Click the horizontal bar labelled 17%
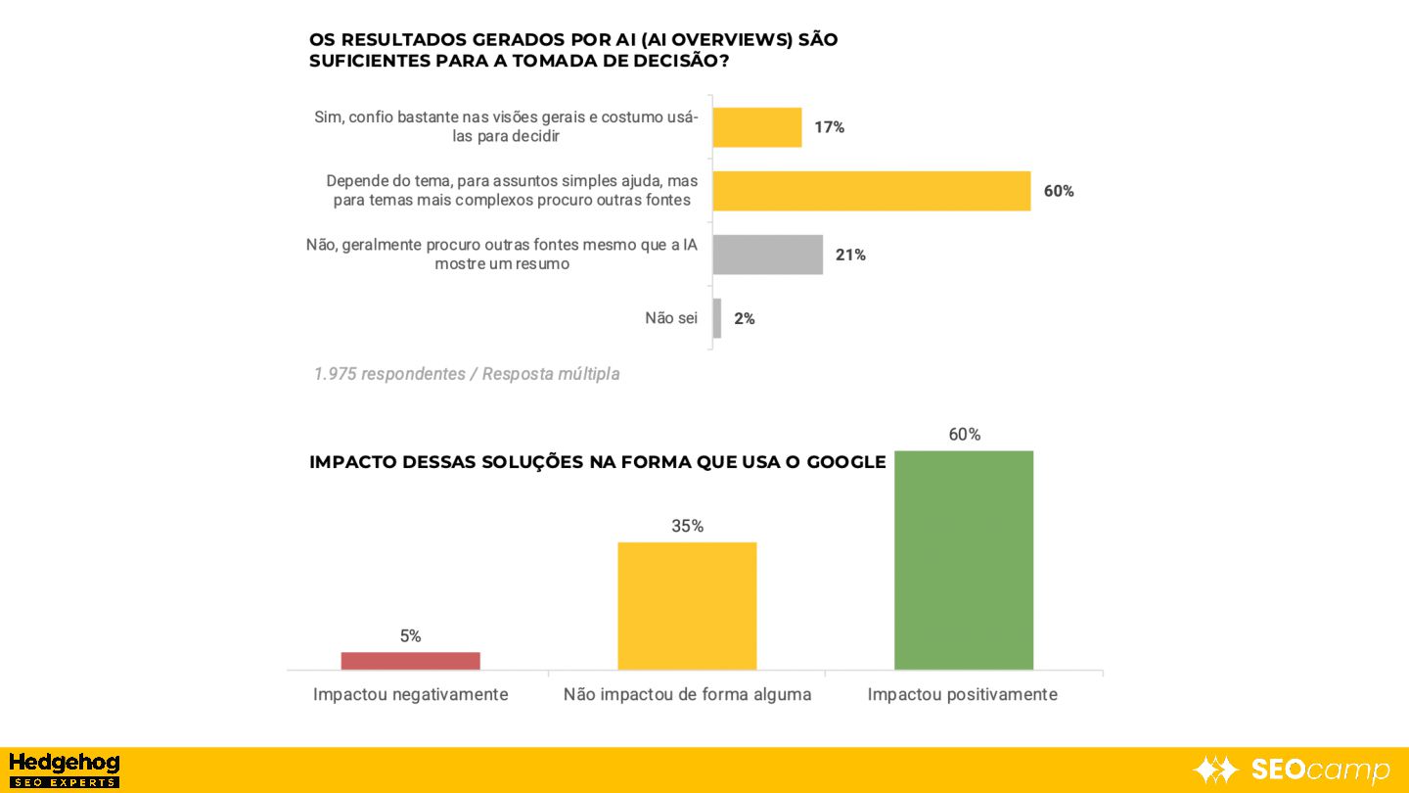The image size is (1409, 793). click(x=756, y=127)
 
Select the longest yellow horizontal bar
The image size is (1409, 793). click(x=871, y=191)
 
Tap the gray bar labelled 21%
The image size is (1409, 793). click(x=767, y=255)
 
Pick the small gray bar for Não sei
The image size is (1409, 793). click(x=717, y=318)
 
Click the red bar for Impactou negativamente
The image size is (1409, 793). click(x=410, y=661)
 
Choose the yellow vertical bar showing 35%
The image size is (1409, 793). click(x=687, y=605)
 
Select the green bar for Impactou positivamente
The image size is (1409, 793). click(x=964, y=560)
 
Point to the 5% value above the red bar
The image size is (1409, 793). click(x=410, y=636)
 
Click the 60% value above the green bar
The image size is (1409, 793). click(x=964, y=435)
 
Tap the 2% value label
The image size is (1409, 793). click(x=744, y=319)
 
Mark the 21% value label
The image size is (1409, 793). click(x=849, y=256)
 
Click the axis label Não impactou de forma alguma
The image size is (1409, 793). click(x=687, y=695)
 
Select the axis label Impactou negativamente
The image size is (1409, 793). click(x=410, y=695)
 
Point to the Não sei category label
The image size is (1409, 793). click(x=671, y=318)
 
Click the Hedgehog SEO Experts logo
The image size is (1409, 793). click(x=64, y=770)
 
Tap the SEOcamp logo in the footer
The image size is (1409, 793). click(x=1292, y=770)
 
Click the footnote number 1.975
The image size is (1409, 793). click(x=335, y=374)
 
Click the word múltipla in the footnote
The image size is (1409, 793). click(x=588, y=374)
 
